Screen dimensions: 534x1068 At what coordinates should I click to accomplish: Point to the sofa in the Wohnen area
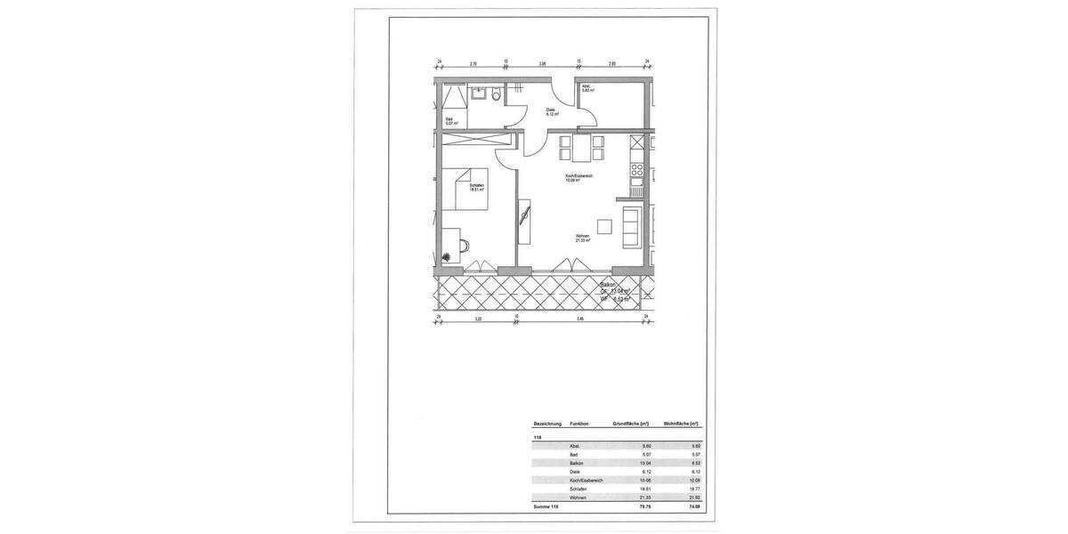click(631, 225)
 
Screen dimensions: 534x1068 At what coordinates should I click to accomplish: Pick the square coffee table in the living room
click(605, 225)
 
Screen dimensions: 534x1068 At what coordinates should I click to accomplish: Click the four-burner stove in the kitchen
click(636, 168)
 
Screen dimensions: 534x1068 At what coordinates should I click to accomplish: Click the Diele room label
click(551, 112)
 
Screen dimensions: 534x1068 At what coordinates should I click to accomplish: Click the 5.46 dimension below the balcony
click(580, 318)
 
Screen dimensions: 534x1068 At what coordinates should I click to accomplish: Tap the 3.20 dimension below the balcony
click(478, 318)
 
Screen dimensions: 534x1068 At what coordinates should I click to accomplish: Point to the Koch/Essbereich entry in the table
click(587, 481)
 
